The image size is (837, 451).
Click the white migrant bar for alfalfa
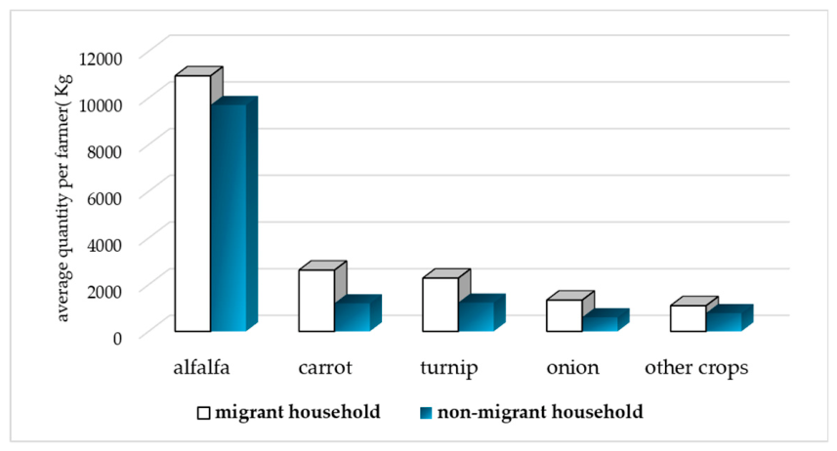192,203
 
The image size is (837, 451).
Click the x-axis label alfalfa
202,367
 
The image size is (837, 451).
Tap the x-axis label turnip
449,368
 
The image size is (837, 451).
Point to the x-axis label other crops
696,368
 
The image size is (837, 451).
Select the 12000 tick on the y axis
101,58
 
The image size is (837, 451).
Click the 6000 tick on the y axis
105,197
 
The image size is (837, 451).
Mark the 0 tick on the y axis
117,338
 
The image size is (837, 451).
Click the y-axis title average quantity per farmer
63,198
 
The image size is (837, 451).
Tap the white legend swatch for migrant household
204,413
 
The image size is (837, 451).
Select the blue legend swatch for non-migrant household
426,413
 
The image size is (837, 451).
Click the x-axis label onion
572,367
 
